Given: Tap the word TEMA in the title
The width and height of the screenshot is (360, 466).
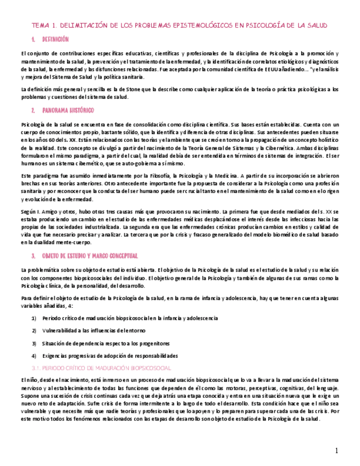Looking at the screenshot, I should click(x=40, y=26).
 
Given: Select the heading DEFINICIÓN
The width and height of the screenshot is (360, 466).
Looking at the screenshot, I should click(x=56, y=40).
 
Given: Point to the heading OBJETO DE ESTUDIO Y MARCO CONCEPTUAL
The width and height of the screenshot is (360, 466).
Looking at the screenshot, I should click(x=90, y=256).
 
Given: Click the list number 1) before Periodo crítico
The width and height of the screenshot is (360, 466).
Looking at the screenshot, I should click(x=34, y=318).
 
